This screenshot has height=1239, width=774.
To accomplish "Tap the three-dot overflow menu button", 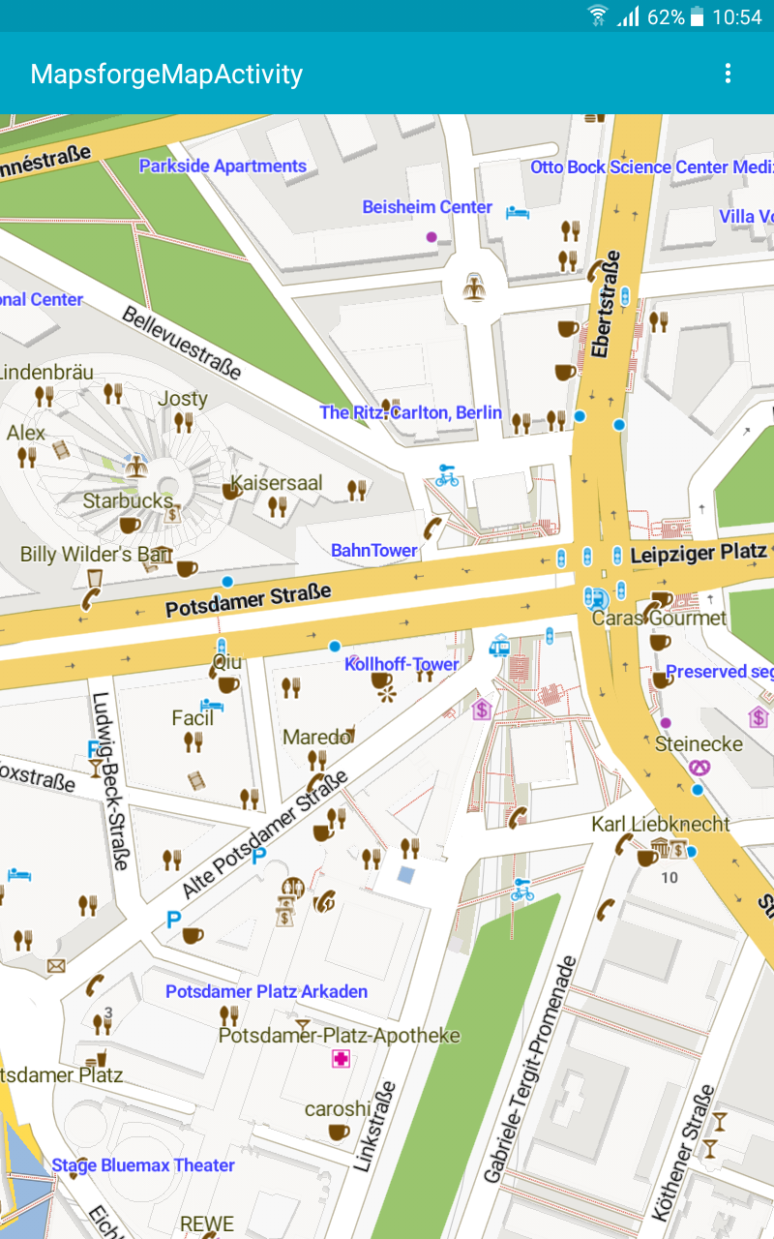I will tap(728, 74).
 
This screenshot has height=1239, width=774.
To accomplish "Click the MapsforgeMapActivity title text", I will tap(166, 75).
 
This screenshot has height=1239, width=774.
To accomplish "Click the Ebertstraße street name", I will tap(606, 304).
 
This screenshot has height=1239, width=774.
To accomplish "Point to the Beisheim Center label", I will tap(427, 207).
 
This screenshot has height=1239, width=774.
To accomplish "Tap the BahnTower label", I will tap(374, 551).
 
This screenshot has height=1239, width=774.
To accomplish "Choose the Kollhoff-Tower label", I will tap(402, 664).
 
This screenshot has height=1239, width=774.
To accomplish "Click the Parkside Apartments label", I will tap(223, 166).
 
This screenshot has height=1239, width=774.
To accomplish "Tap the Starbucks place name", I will tap(128, 501).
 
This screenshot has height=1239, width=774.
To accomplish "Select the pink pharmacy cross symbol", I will tap(341, 1059).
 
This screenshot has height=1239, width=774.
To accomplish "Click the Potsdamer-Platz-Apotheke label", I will tap(339, 1036).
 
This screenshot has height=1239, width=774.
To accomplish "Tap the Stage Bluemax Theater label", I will tap(143, 1165).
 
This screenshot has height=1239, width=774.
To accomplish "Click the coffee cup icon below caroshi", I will tap(339, 1132).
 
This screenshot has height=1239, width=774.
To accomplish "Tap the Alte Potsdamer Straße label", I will tap(265, 834).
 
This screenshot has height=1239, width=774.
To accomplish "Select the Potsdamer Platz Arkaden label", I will tap(266, 992).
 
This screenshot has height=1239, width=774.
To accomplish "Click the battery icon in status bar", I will tap(697, 16).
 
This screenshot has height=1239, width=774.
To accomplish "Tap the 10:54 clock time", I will tap(737, 16).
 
